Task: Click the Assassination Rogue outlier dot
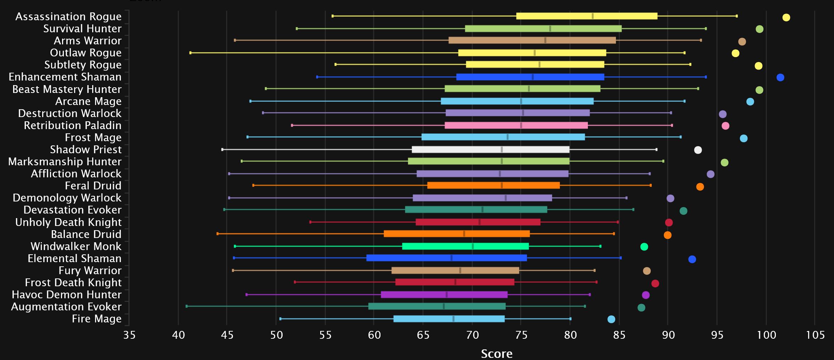click(x=786, y=17)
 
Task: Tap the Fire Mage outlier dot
click(x=611, y=319)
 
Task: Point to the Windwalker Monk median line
click(x=473, y=246)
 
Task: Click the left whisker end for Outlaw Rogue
click(x=190, y=53)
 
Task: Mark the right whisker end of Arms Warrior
click(x=701, y=40)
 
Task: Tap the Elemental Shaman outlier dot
click(x=692, y=259)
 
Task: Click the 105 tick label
click(x=815, y=335)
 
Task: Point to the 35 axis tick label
click(x=129, y=335)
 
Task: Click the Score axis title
click(x=496, y=353)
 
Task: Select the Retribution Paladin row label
click(x=72, y=125)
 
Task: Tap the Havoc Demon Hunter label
click(x=66, y=294)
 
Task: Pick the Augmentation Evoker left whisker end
click(x=187, y=306)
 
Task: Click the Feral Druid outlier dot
click(x=700, y=187)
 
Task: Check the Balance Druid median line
click(x=464, y=234)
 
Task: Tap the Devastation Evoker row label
click(x=72, y=210)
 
